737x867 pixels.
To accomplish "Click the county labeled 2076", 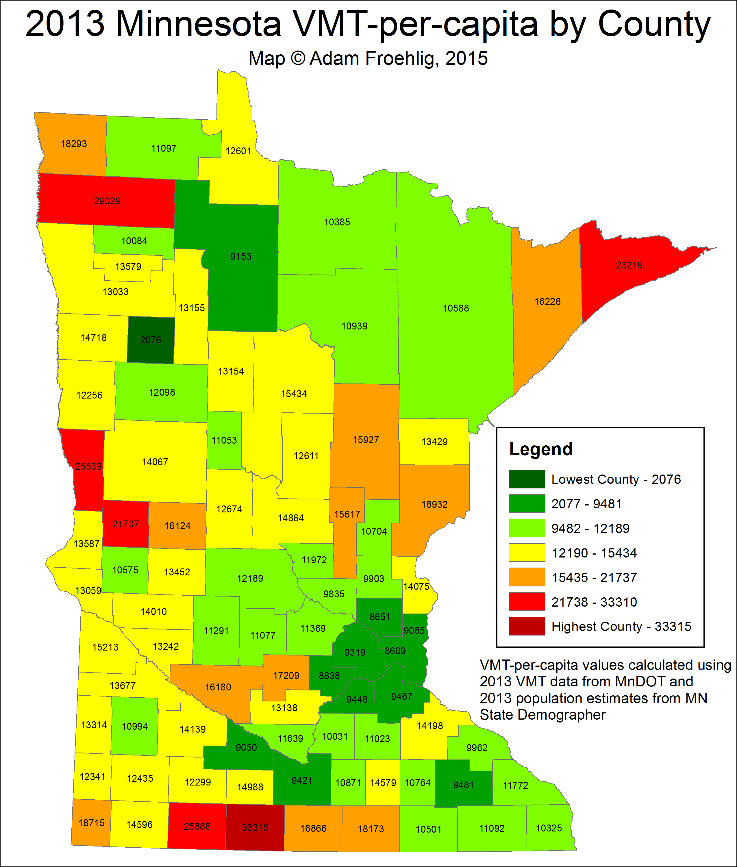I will (x=150, y=340).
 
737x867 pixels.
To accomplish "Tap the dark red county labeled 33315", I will (x=255, y=827).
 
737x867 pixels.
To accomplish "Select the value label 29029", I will (x=107, y=201).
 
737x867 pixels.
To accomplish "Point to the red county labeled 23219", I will (x=629, y=265).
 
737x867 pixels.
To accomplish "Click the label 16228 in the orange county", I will (x=547, y=301).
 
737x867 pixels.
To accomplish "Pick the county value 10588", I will (x=456, y=308).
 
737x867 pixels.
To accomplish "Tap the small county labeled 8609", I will (x=395, y=651).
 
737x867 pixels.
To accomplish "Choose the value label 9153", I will (x=241, y=256).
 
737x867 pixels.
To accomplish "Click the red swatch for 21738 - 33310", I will (x=526, y=602).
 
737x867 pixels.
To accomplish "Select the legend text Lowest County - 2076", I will (x=616, y=479).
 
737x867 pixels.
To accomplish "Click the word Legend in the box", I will (x=541, y=449).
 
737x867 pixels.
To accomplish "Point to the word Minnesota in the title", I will (x=199, y=24).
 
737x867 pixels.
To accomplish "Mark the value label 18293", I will (x=74, y=144).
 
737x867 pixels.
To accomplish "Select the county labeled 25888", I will (x=197, y=826).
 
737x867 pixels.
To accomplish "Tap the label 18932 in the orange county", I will (x=434, y=504).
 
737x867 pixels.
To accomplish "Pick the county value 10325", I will (x=549, y=828).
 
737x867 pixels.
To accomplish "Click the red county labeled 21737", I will (x=125, y=524).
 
